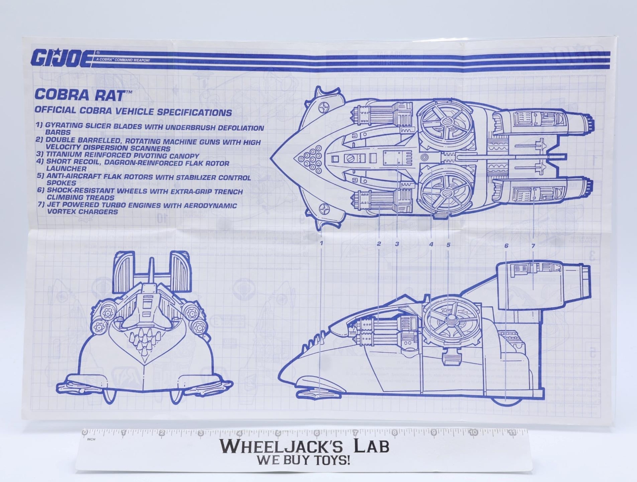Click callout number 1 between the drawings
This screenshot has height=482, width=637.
(322, 243)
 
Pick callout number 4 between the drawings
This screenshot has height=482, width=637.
(431, 244)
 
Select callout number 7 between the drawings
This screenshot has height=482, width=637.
(533, 246)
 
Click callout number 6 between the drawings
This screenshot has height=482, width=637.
(506, 246)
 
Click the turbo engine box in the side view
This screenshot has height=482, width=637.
(533, 285)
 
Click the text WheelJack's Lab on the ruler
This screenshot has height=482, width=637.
(305, 447)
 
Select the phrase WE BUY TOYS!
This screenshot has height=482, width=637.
(303, 461)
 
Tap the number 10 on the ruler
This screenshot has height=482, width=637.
(473, 433)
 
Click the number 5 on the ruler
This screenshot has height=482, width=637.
(278, 433)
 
